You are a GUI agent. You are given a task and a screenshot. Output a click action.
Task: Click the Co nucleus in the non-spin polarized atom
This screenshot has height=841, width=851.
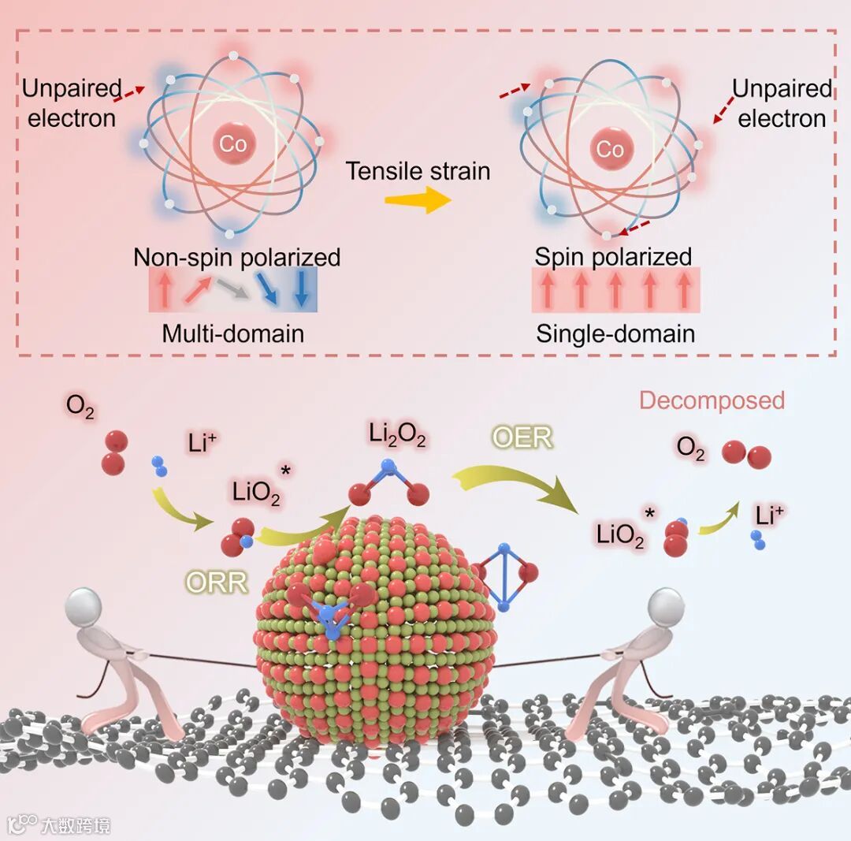(232, 143)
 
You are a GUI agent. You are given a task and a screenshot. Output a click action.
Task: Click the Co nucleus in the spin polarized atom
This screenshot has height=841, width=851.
(610, 149)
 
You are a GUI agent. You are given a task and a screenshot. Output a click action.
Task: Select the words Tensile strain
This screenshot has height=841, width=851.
(418, 170)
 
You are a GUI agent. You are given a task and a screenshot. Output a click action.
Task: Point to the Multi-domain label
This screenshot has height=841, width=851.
(232, 333)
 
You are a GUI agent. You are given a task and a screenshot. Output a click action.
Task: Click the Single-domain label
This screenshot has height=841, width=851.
(615, 333)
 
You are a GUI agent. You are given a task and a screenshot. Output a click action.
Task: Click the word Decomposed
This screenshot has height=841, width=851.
(712, 400)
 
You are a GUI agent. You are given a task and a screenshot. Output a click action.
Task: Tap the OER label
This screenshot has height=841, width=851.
(522, 437)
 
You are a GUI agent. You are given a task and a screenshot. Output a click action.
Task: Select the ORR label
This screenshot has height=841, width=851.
(217, 582)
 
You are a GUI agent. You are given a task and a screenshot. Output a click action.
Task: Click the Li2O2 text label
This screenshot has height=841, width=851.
(397, 435)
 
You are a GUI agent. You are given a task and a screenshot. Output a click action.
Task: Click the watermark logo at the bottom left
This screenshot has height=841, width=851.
(24, 824)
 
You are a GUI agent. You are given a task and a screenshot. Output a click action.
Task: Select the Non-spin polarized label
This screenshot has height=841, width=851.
(237, 258)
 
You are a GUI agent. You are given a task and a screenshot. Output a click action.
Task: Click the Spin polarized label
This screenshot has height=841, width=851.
(613, 257)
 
